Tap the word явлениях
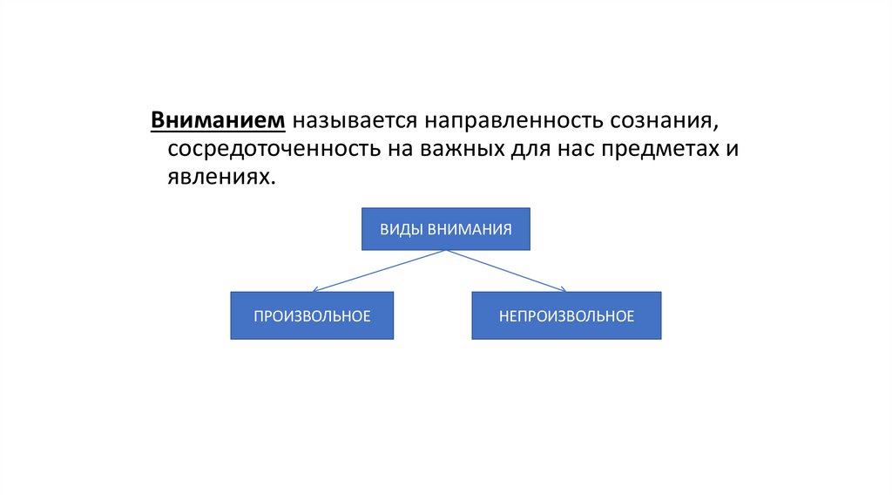(x=218, y=176)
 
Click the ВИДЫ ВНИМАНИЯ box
(x=445, y=229)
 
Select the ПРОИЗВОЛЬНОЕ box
(x=312, y=315)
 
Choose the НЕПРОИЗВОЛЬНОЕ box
(x=566, y=315)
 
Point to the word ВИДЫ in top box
(x=400, y=229)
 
